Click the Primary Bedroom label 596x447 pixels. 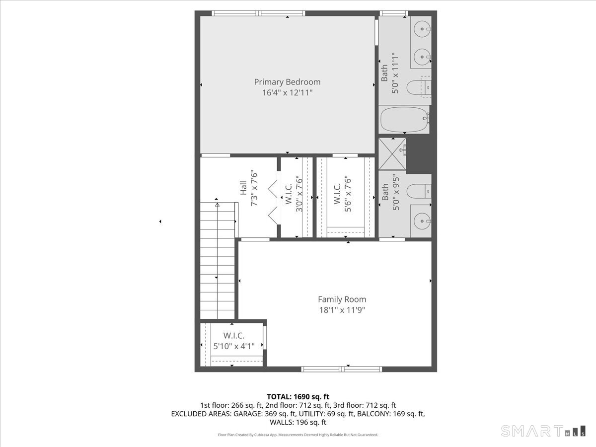coord(287,82)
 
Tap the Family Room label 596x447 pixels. coord(342,299)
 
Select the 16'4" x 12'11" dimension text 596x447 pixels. coord(287,93)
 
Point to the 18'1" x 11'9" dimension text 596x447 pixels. coord(342,310)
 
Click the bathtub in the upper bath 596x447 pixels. coord(404,119)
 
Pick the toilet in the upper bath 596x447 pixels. coord(418,87)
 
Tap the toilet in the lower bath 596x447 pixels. coord(419,191)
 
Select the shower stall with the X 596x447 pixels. coord(392,154)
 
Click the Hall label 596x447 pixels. coord(243,188)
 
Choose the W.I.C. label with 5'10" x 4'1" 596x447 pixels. coord(234,335)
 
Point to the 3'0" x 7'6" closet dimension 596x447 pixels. coord(299,194)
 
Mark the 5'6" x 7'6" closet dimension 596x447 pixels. coord(348,195)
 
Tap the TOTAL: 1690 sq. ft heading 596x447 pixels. coord(298,397)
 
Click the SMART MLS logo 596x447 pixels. coord(543,431)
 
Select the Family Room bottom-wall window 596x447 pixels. coord(342,369)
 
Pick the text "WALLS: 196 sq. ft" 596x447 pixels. coord(298,422)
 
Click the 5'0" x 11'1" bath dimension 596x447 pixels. coord(395,74)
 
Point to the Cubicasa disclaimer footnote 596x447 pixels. coord(298,435)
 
